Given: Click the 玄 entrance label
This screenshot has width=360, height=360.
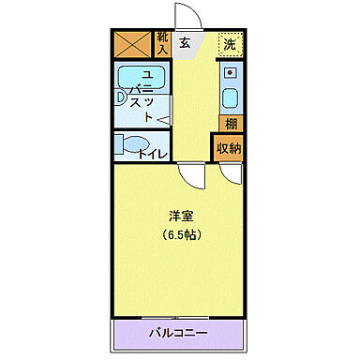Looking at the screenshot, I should click(185, 42).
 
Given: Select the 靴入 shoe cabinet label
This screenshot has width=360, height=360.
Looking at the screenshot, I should click(163, 42).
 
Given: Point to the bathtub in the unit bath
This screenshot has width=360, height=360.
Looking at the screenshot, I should click(141, 78).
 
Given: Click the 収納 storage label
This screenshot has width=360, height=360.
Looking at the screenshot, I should click(231, 148).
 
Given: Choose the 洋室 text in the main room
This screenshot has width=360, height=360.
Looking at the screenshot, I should click(182, 216).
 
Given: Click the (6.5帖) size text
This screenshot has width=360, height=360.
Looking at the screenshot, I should click(182, 233).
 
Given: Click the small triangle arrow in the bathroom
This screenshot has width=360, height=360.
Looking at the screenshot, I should click(163, 118).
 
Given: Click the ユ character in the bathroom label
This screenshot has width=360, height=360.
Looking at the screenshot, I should click(145, 74).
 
